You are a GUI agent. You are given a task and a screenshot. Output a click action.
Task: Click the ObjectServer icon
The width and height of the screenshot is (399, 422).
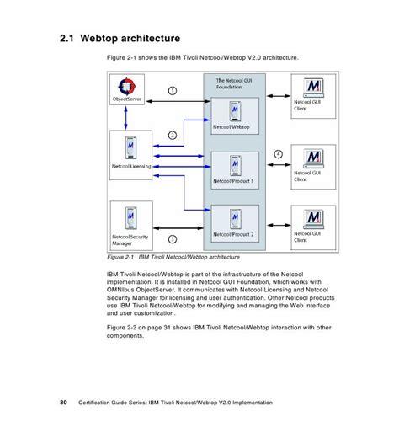(x=127, y=86)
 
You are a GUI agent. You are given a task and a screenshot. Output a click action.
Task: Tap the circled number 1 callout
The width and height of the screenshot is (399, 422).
(x=171, y=91)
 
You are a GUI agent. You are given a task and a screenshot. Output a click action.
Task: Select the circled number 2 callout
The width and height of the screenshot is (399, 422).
(x=172, y=134)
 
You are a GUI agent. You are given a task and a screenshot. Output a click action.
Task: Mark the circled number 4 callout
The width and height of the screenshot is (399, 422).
(x=278, y=154)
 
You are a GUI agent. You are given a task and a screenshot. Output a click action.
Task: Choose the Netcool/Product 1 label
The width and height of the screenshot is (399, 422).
(x=233, y=180)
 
